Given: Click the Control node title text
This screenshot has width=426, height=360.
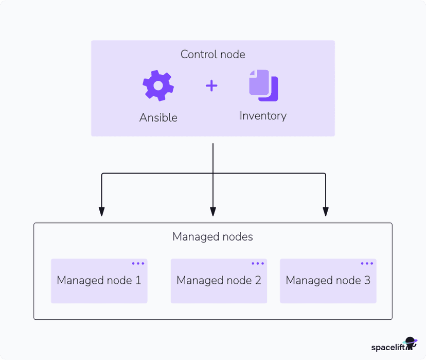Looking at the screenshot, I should (212, 55).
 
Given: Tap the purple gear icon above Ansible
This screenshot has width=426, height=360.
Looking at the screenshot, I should (158, 85).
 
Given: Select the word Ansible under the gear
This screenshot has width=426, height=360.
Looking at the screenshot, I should (158, 117).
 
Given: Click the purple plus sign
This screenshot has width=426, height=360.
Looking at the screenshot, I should (211, 86).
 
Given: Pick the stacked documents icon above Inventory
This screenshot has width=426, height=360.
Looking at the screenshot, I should (263, 85).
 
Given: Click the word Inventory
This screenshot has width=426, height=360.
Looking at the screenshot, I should (263, 116).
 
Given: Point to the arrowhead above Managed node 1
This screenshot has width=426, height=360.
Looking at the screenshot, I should (102, 211).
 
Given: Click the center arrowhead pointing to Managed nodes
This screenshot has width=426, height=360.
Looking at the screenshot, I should (213, 211).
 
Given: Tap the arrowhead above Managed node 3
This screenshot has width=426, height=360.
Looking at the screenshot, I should (326, 211).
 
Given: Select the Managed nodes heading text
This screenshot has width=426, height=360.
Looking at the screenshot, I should (212, 237).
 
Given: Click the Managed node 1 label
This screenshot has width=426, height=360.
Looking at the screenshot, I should (99, 281).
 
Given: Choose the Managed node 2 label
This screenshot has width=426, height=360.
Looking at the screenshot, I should (219, 281).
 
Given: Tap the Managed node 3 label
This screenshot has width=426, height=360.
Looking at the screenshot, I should (328, 281).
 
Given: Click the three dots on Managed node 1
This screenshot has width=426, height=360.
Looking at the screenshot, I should (138, 264).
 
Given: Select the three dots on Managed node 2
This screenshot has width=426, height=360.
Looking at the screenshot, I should (258, 264).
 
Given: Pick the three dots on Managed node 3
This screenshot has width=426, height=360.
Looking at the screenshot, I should (367, 264).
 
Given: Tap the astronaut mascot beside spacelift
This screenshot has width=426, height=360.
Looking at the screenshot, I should (411, 343).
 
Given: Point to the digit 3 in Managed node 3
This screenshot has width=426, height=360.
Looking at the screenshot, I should (367, 281).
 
